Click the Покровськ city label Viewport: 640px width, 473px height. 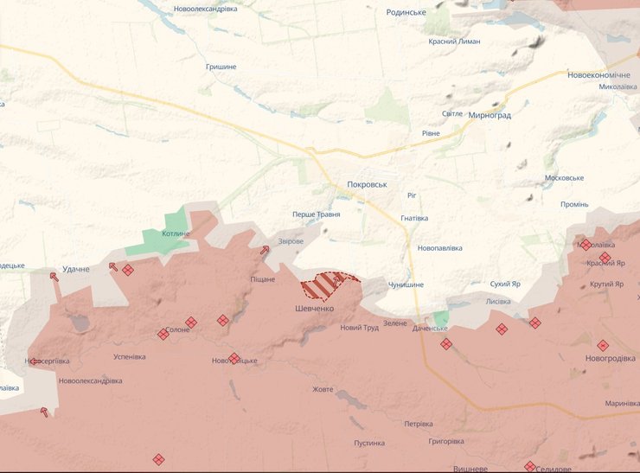(x=367, y=184)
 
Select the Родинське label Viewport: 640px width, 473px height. (x=406, y=12)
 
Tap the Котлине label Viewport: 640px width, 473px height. (x=176, y=233)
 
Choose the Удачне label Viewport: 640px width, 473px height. (x=76, y=269)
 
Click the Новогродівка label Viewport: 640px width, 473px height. (x=609, y=358)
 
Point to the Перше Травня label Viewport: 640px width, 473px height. (x=316, y=214)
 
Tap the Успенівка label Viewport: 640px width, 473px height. (x=130, y=356)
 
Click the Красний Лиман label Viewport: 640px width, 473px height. (x=454, y=42)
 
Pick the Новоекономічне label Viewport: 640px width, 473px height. (x=598, y=75)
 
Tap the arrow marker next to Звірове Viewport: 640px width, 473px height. (x=265, y=250)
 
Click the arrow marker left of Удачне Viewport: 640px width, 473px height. (x=54, y=277)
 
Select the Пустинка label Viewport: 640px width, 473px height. (x=368, y=443)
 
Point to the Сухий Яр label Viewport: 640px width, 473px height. (x=505, y=284)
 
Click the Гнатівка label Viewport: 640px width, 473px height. (x=414, y=218)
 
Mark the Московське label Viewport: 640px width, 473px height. (x=564, y=178)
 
